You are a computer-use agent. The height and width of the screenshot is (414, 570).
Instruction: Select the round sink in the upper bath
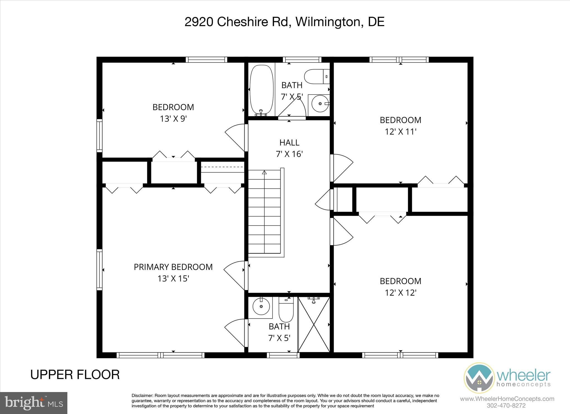tap(320, 103)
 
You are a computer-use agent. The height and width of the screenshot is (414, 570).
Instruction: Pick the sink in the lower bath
tap(261, 306)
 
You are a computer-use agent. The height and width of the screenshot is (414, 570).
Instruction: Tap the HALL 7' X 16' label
tap(289, 148)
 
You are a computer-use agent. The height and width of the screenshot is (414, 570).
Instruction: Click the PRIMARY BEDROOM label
tap(173, 267)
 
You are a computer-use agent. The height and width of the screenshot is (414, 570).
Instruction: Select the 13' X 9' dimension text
tap(173, 119)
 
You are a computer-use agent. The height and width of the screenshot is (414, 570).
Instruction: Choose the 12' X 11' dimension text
tap(401, 132)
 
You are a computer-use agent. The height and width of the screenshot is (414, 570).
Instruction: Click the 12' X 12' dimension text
tap(401, 293)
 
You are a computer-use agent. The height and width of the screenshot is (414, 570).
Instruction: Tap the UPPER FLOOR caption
tap(75, 375)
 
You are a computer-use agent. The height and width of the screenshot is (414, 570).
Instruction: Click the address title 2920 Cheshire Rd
tap(284, 22)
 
